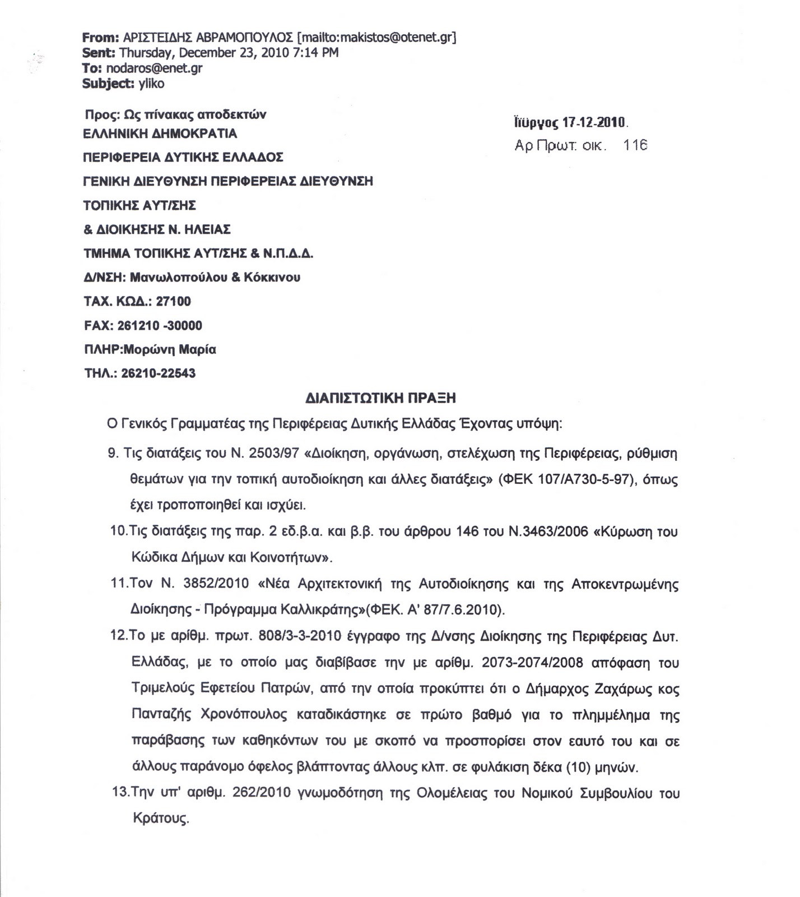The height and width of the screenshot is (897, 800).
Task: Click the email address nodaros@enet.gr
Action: (x=154, y=69)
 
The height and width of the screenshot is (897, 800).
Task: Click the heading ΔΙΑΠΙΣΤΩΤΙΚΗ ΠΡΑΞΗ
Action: (x=381, y=398)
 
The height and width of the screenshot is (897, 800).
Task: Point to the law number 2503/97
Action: (x=273, y=454)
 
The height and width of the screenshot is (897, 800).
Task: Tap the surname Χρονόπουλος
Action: (x=244, y=715)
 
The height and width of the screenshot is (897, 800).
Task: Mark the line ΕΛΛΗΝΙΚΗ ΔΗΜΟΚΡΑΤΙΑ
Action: (x=160, y=134)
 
